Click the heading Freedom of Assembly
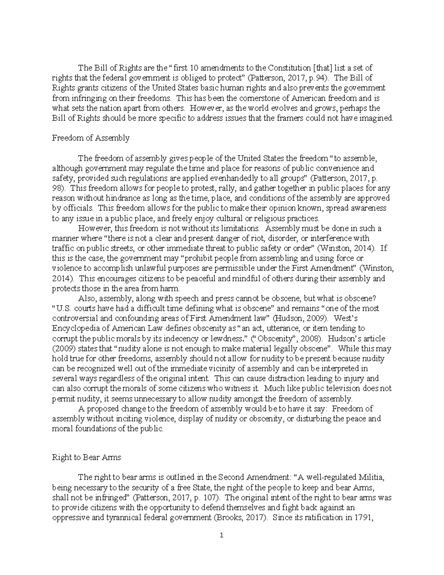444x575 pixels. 91,138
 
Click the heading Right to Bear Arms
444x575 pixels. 86,457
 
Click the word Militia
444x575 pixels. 374,477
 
